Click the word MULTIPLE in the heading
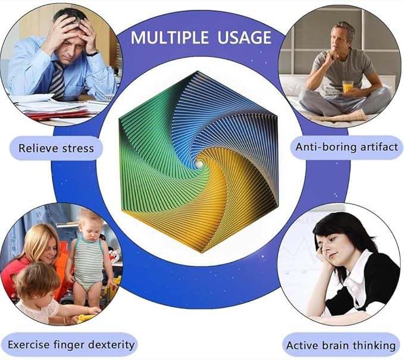tap(170, 37)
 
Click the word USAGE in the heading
tap(245, 37)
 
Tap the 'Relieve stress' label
tap(56, 148)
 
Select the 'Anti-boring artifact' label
tap(346, 147)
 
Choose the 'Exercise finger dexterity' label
tap(71, 345)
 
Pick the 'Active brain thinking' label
tap(341, 345)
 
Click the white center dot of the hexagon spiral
tap(199, 164)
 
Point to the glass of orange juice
tap(347, 87)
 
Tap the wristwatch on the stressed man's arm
tap(93, 54)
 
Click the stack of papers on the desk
tap(57, 108)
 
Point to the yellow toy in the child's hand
tap(85, 318)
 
